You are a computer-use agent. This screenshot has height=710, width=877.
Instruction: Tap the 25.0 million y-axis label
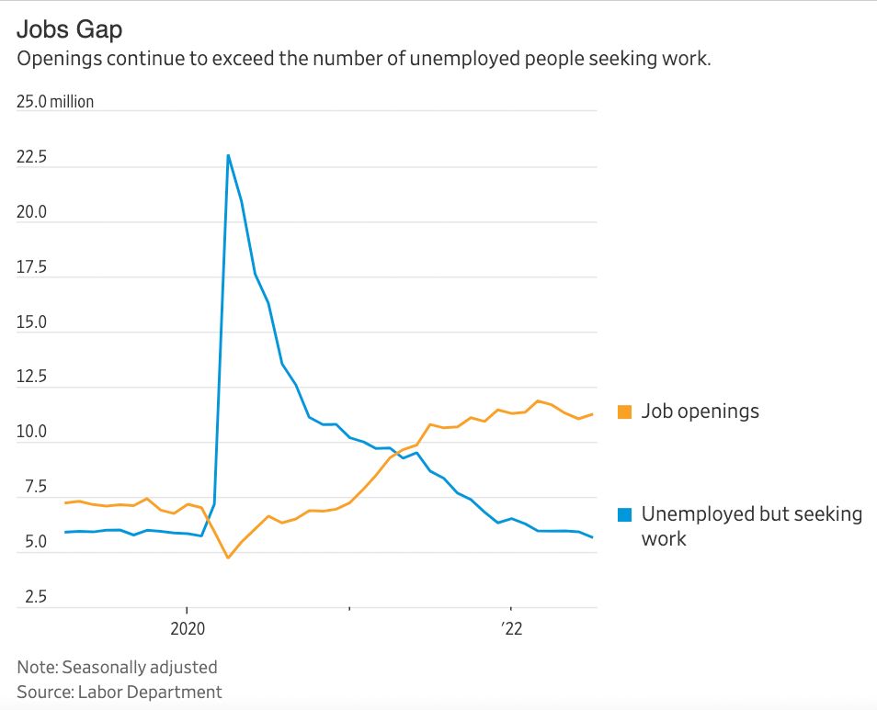[x=55, y=102]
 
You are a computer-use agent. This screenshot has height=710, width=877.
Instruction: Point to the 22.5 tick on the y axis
[x=31, y=157]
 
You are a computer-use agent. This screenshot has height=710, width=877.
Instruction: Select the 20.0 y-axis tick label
[x=31, y=212]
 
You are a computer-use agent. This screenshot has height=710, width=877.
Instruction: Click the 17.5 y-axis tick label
[x=31, y=267]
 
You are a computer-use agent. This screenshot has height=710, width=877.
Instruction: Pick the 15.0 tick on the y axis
[x=31, y=322]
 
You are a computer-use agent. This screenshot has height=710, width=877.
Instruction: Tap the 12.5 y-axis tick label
[x=31, y=378]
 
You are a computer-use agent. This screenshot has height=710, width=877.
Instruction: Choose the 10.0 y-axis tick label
[x=31, y=433]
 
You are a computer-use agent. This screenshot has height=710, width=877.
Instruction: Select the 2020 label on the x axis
[x=187, y=628]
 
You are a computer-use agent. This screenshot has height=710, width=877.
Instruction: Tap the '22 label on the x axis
[x=511, y=628]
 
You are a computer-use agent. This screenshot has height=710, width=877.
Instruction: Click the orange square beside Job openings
[x=624, y=411]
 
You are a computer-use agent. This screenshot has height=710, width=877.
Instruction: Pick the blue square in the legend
[x=624, y=514]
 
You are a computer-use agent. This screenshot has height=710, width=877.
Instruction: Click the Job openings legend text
[x=700, y=411]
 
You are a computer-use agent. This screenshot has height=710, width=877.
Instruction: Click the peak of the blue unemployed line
[x=228, y=155]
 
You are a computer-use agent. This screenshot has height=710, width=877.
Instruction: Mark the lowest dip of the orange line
[x=228, y=558]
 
